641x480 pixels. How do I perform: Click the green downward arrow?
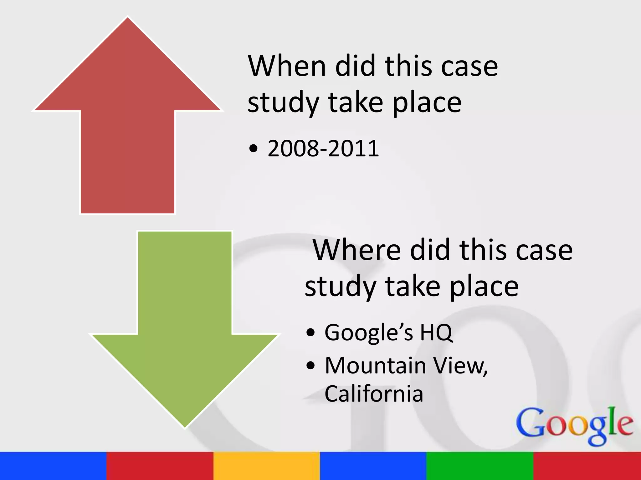coord(185,328)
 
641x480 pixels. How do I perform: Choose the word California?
coord(374,393)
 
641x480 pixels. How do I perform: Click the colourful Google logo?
coord(575,425)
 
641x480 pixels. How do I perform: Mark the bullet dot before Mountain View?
coord(310,365)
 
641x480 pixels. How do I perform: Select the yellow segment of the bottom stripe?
coord(267,466)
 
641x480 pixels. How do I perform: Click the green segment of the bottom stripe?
coord(480,466)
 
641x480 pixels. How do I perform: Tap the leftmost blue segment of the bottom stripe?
coord(53,466)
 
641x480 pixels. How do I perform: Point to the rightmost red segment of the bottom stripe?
coord(587,466)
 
